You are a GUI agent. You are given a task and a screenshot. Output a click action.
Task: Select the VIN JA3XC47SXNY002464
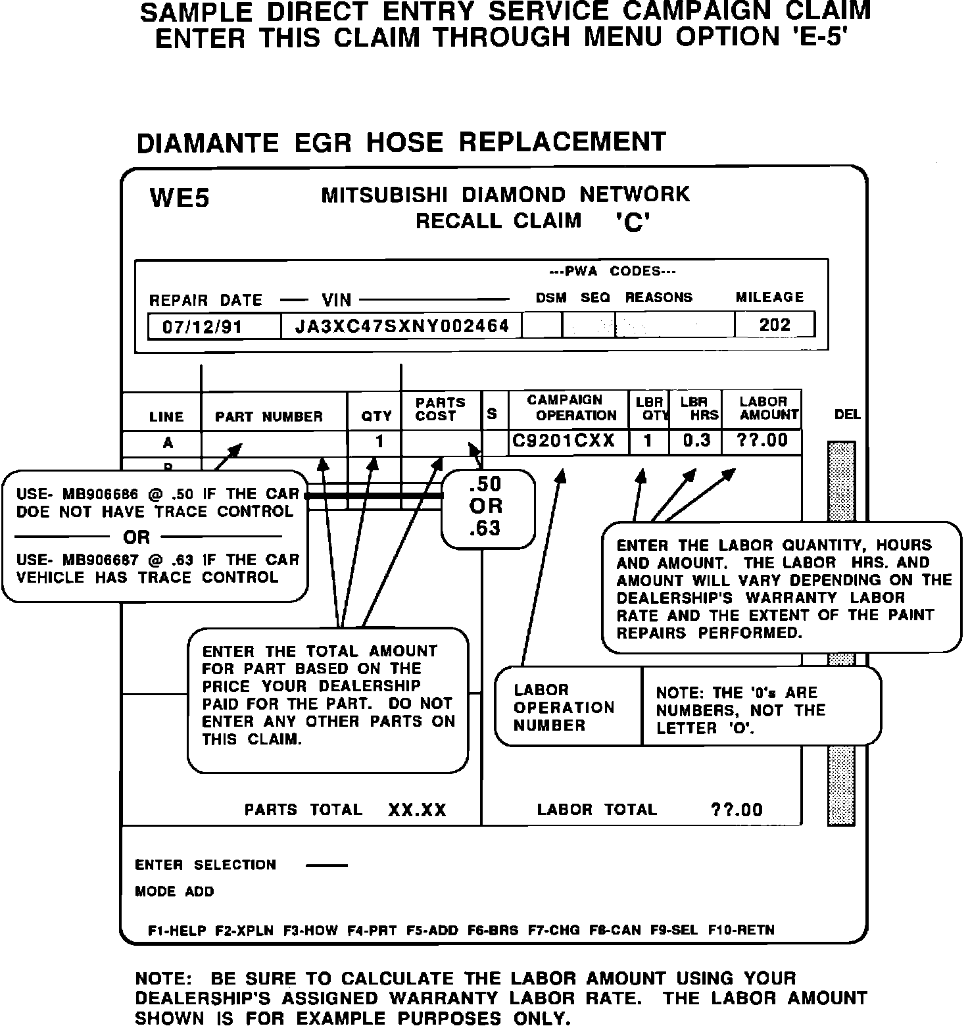point(402,326)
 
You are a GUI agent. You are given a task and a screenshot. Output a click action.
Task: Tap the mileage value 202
point(774,325)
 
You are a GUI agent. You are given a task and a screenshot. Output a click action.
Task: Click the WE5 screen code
point(180,198)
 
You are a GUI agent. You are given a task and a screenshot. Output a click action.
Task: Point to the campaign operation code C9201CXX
point(563,441)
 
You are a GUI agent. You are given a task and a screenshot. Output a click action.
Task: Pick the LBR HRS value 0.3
point(696,441)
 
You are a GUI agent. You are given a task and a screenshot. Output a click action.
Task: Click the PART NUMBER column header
point(269,417)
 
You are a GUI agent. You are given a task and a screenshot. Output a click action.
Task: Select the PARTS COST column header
point(440,409)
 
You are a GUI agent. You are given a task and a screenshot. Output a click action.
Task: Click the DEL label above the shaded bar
point(847,414)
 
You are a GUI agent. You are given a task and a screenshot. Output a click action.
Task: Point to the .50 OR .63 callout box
point(487,507)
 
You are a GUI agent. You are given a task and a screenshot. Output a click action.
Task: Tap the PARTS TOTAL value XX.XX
point(417,810)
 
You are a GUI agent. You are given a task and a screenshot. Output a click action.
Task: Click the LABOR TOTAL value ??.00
point(737,810)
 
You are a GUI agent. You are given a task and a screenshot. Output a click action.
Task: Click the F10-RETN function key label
point(741,931)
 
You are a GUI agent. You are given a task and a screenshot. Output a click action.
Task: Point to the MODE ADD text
point(174,892)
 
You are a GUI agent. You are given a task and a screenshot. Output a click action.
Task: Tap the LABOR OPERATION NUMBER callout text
point(564,708)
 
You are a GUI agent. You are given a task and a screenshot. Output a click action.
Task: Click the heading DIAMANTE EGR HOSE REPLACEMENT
point(401,142)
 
